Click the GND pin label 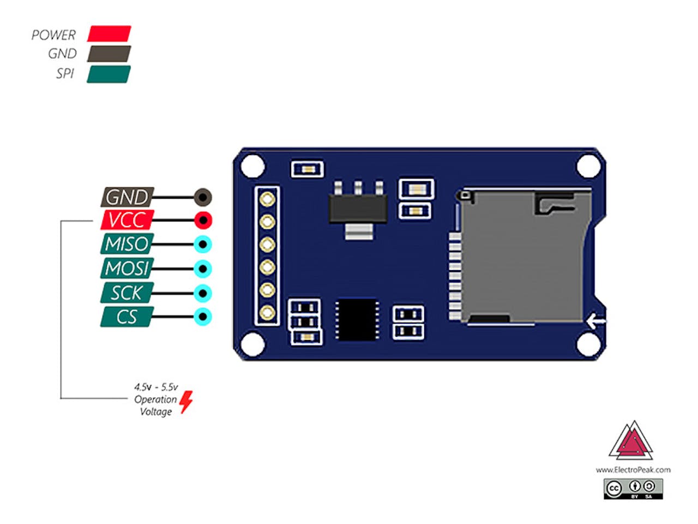(127, 196)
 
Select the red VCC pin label (127, 220)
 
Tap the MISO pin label (127, 244)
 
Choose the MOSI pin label (127, 269)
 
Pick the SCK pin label (127, 293)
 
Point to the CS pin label (127, 317)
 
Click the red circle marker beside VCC (203, 221)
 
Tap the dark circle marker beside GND (203, 196)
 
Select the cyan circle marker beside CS (203, 317)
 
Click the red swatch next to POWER (109, 34)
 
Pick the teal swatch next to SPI (109, 74)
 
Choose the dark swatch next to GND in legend (109, 53)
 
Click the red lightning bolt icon (186, 401)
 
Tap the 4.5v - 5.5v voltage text (156, 387)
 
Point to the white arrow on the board (595, 321)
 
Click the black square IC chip (357, 319)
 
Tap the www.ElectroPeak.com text (633, 469)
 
